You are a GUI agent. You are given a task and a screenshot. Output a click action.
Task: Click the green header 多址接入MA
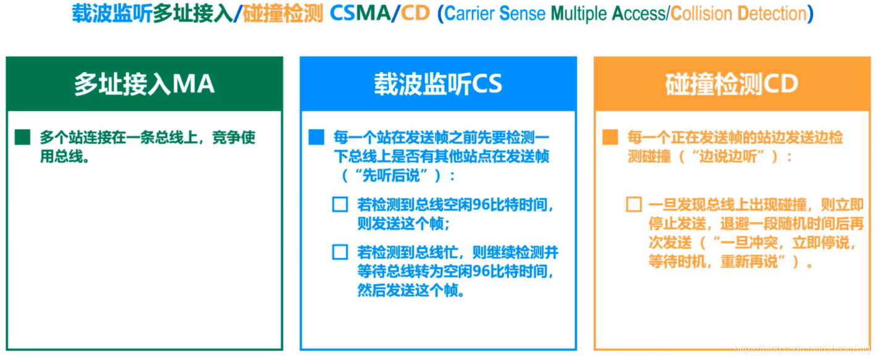tap(144, 84)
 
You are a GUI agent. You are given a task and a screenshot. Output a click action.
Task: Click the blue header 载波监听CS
tap(438, 84)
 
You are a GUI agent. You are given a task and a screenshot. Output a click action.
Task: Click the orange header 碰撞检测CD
tap(732, 84)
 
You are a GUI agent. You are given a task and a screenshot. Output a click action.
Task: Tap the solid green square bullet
tap(22, 137)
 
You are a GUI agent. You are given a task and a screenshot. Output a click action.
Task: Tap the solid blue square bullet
tap(316, 137)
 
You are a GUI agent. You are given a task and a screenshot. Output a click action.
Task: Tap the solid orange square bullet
tap(610, 137)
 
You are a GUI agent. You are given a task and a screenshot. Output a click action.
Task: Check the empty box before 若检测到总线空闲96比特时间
tap(340, 204)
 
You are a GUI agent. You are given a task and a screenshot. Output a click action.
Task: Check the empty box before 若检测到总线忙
tap(340, 252)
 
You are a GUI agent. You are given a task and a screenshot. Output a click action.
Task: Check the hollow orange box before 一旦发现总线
tap(634, 204)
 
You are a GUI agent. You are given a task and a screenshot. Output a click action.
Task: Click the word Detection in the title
tap(769, 14)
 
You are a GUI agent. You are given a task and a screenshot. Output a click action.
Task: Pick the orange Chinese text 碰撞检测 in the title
tap(282, 14)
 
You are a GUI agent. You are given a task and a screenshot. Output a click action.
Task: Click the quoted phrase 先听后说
tap(394, 175)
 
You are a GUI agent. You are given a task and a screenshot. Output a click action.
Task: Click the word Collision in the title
tap(698, 14)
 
